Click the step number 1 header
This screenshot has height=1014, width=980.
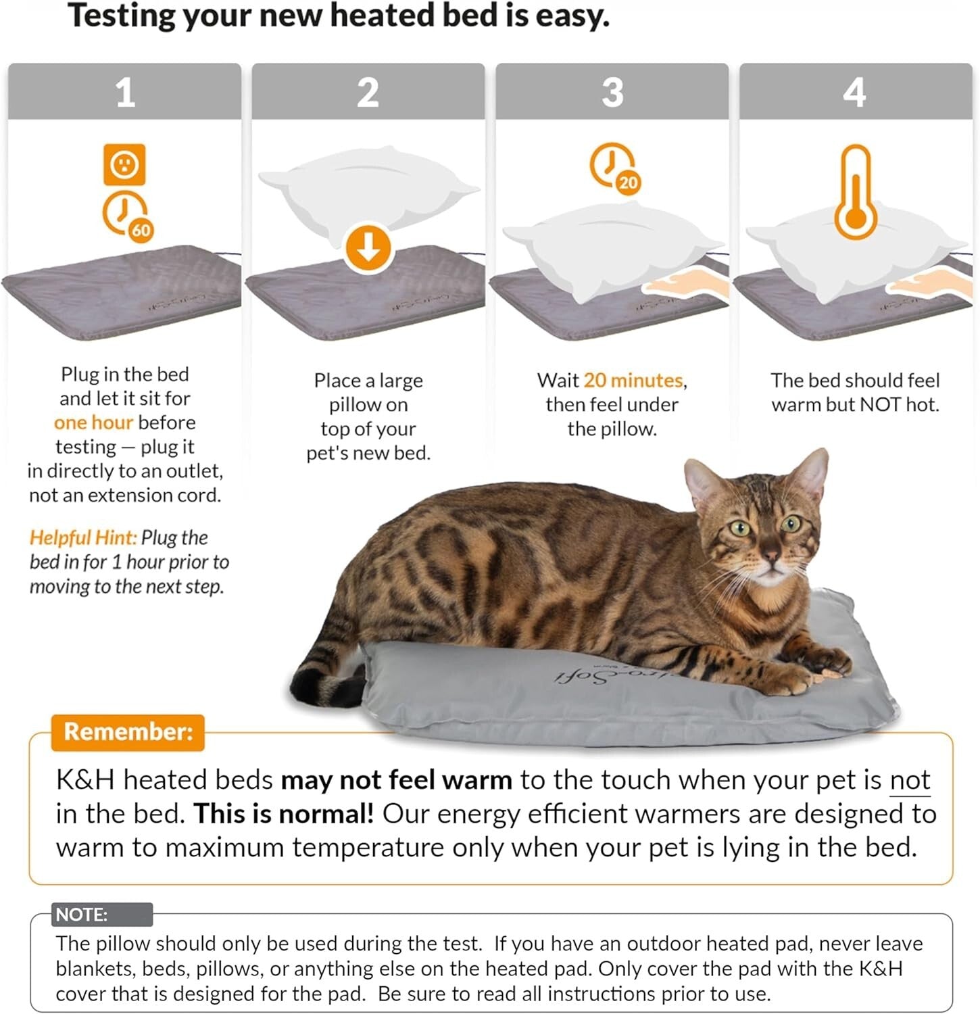(x=124, y=92)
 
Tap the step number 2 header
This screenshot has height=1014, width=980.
(x=368, y=92)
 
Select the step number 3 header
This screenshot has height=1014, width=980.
(x=612, y=92)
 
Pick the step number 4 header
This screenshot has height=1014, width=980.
(x=855, y=92)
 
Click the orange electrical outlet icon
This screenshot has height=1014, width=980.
(x=124, y=164)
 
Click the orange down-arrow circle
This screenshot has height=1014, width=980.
(x=368, y=248)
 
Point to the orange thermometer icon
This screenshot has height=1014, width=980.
(x=856, y=193)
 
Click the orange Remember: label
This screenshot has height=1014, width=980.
(x=128, y=732)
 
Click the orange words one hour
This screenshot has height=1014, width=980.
(x=93, y=422)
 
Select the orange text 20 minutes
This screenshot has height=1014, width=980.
(x=633, y=381)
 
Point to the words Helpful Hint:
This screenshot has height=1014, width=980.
(x=82, y=537)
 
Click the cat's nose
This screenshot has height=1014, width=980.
(x=770, y=556)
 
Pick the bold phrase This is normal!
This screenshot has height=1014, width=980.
(x=283, y=814)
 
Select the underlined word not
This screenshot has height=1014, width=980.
(x=910, y=780)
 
